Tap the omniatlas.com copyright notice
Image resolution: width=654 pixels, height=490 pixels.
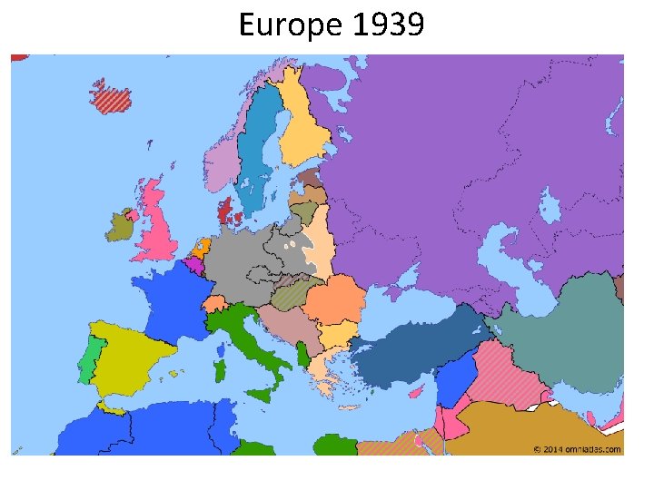tap(577, 448)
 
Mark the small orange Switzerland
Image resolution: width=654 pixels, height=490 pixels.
tap(217, 303)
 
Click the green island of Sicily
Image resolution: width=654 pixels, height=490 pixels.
tap(261, 394)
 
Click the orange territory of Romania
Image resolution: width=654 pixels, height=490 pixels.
tap(336, 299)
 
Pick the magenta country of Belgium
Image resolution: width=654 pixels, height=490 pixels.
tap(194, 266)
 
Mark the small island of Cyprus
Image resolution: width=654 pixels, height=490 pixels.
tap(417, 391)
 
